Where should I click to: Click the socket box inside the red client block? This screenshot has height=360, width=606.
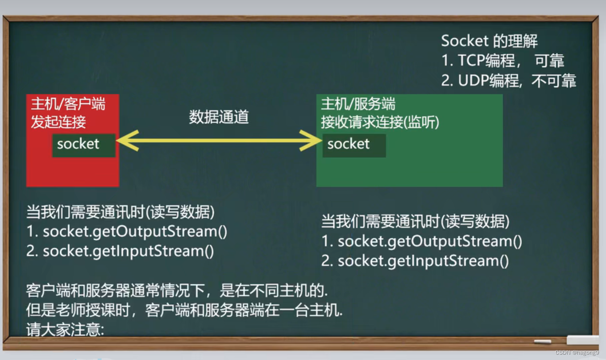[84, 145]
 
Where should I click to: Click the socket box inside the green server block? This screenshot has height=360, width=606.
[354, 145]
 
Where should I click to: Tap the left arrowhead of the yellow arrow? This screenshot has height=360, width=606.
[128, 141]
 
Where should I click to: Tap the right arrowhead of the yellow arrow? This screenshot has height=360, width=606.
[311, 141]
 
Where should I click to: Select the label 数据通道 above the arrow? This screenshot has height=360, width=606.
[219, 117]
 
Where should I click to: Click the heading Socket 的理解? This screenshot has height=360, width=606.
[489, 41]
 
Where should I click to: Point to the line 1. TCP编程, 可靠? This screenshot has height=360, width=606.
[502, 60]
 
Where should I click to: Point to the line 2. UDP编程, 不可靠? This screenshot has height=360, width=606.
[509, 81]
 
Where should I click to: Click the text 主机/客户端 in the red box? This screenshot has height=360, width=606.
[68, 104]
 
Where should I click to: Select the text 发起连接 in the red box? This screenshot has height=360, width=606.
[58, 122]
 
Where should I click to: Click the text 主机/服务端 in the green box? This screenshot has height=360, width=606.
[358, 104]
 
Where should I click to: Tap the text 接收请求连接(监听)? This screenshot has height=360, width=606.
[380, 122]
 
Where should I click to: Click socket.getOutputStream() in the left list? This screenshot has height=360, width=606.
[135, 232]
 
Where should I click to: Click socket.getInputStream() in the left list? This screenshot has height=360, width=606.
[128, 251]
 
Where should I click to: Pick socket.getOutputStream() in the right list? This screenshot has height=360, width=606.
[430, 241]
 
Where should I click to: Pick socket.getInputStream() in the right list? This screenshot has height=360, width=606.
[423, 261]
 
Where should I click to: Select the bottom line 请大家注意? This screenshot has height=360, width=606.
[65, 329]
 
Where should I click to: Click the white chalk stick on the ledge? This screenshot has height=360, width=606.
[543, 341]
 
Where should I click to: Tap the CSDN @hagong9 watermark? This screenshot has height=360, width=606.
[577, 352]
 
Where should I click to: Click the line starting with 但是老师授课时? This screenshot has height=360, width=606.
[184, 310]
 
